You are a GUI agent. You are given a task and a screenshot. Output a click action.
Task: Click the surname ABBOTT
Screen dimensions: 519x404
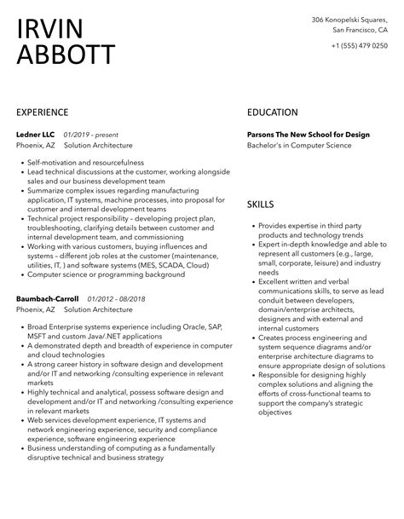click(65, 55)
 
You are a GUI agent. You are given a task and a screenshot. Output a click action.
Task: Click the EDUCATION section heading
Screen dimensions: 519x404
click(272, 112)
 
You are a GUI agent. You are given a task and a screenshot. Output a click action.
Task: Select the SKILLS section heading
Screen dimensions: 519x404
click(261, 205)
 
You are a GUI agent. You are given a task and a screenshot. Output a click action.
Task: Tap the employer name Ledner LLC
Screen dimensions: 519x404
click(35, 135)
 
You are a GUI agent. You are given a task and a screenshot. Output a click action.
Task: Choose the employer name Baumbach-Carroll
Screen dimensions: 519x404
click(47, 299)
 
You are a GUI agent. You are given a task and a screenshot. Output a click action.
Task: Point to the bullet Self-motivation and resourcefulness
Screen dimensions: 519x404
click(80, 162)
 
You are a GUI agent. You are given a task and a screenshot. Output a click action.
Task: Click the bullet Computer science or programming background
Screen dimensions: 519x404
click(94, 274)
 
